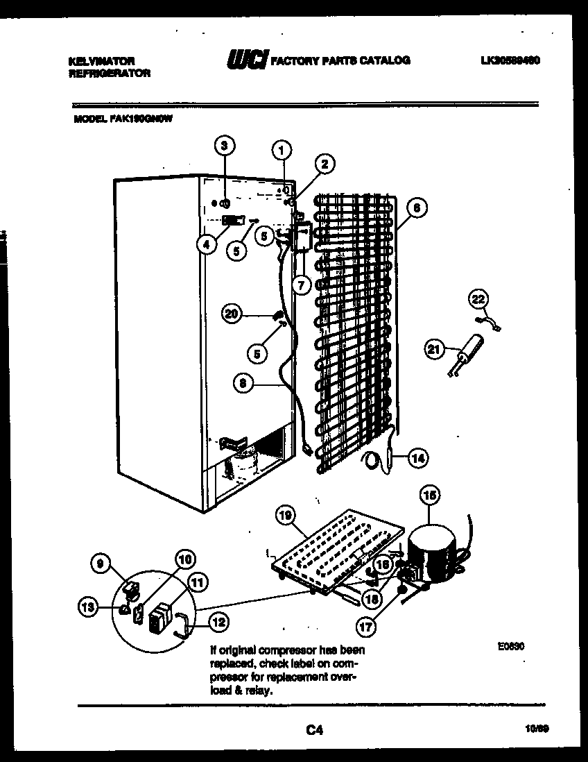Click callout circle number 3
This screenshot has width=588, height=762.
223,146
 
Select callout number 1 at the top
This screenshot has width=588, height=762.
282,148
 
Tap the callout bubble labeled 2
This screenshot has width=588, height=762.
324,164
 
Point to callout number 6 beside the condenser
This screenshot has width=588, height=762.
417,206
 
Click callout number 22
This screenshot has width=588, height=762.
478,299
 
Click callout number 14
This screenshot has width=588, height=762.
417,457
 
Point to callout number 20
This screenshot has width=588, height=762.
232,314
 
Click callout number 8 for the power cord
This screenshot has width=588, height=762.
241,382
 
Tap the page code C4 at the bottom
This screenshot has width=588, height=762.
313,729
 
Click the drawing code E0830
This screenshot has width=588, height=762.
510,645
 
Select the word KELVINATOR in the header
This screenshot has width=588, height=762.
101,61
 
